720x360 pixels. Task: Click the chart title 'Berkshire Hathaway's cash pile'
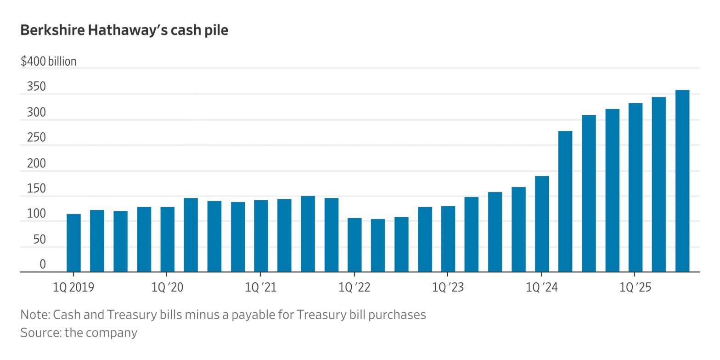click(x=124, y=30)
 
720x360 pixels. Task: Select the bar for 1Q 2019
click(x=73, y=243)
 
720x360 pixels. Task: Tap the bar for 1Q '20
click(x=167, y=239)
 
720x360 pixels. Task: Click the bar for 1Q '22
click(x=354, y=245)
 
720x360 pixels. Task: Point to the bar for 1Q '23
click(x=448, y=239)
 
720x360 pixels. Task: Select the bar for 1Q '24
click(x=542, y=224)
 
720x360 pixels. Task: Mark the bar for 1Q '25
click(x=636, y=187)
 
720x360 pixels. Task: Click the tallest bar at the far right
click(x=682, y=181)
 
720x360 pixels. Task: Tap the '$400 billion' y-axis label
click(x=48, y=61)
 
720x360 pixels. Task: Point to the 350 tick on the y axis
click(x=37, y=87)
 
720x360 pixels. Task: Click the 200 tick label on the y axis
click(x=37, y=163)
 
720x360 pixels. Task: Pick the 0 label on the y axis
click(x=43, y=264)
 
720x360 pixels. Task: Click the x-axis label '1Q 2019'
click(x=73, y=287)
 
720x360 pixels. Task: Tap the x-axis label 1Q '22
click(x=354, y=287)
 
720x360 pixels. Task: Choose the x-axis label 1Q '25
click(x=636, y=287)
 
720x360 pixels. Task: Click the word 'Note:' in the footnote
click(x=35, y=315)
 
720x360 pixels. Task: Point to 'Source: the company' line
click(x=79, y=332)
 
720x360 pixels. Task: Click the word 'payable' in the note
click(x=263, y=315)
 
